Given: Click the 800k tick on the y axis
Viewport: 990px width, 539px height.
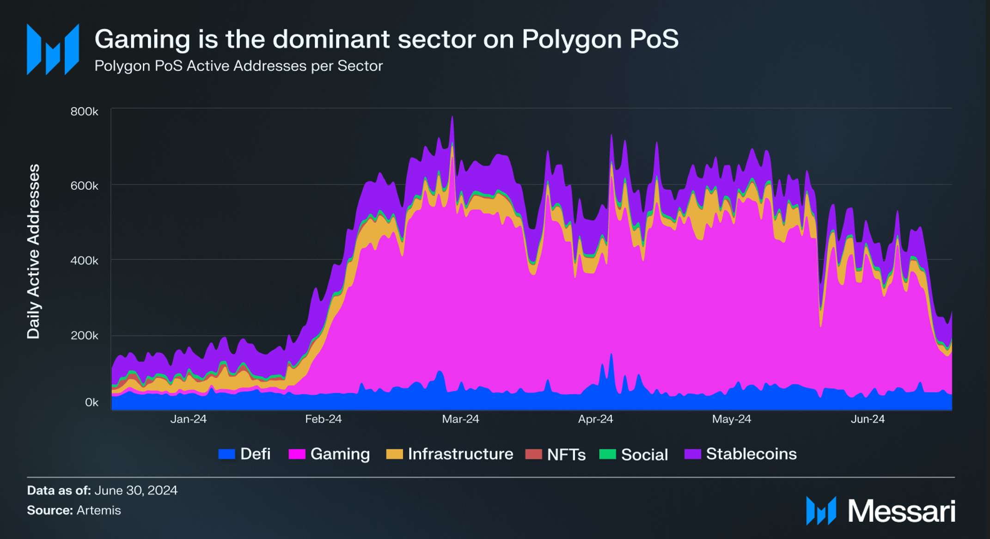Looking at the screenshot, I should [84, 111].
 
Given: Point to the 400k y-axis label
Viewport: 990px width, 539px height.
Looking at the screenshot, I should [84, 261].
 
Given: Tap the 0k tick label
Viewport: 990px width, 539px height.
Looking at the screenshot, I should [92, 403].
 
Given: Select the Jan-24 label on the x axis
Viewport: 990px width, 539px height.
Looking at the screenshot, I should [188, 419].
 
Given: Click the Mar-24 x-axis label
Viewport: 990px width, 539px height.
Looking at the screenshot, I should [460, 419].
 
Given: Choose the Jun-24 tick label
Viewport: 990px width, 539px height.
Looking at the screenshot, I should [868, 419].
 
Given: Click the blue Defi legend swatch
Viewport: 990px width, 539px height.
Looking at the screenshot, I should [226, 454].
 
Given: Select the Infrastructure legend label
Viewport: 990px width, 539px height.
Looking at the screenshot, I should [460, 454].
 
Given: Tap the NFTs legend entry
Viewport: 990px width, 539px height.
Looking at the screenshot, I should [566, 454].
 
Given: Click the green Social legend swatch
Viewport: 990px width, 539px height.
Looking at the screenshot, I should [607, 454].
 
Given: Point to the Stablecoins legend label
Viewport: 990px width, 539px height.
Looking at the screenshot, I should [751, 454].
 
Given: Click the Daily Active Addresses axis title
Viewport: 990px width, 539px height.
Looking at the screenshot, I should [34, 252].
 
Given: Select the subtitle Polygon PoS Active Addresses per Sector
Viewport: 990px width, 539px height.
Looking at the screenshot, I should [238, 66].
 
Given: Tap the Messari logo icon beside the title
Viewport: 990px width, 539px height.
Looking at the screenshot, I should [53, 49].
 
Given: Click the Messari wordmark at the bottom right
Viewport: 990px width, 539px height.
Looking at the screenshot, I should [901, 511].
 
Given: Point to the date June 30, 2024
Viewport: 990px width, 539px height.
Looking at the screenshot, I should [136, 490].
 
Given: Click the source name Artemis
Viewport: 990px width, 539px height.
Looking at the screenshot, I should [98, 510].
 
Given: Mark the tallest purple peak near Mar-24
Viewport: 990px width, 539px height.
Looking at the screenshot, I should [452, 118].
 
